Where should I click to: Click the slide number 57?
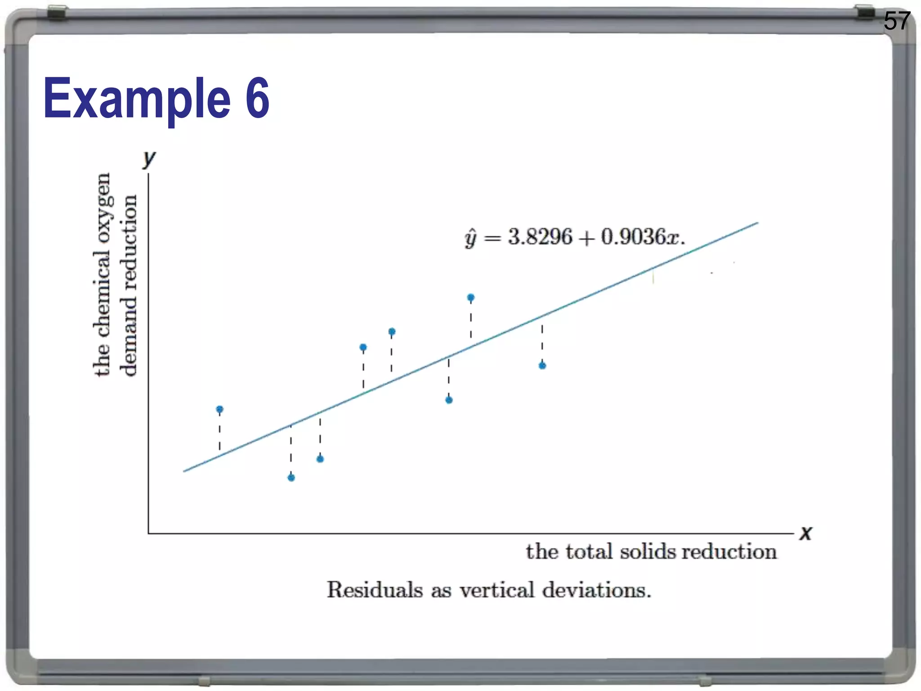897,21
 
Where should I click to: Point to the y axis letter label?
149,158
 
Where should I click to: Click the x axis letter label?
806,534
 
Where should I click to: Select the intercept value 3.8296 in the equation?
540,237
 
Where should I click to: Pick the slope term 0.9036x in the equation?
640,237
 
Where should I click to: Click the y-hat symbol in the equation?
470,238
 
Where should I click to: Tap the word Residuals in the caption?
375,590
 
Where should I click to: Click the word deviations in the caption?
596,590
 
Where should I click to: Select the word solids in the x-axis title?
648,552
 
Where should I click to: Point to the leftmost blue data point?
219,409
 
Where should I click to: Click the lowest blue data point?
291,477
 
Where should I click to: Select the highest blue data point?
471,297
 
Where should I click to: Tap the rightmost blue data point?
542,365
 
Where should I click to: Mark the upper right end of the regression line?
757,223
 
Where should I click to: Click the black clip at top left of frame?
58,13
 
